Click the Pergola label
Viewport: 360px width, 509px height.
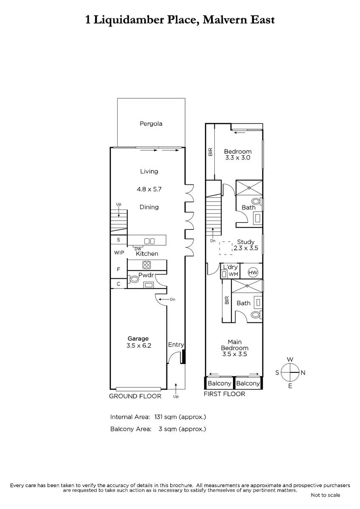151,124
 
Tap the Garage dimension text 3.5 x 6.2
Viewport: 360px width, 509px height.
139,346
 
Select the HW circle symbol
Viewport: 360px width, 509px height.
253,272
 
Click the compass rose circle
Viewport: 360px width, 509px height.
290,373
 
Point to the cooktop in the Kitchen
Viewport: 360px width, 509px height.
146,265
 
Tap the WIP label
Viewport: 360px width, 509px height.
119,253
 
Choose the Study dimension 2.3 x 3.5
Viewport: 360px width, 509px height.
246,248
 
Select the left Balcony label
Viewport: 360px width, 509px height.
219,383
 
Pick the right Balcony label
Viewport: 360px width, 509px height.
248,383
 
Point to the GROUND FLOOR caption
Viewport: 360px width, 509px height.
135,396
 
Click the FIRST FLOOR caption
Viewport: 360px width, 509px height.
224,394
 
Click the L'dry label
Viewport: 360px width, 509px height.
231,267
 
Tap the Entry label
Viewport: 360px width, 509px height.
176,345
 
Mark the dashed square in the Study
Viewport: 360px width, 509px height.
226,248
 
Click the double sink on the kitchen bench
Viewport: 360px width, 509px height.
149,241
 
